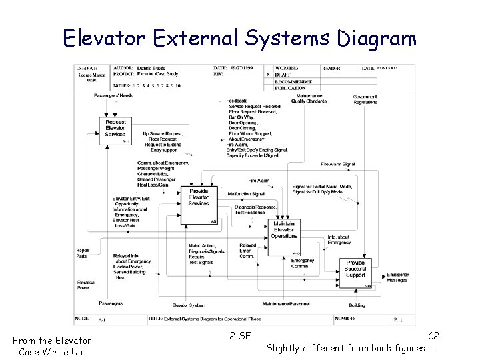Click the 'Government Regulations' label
tap(365, 99)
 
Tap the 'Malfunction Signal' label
tap(246, 194)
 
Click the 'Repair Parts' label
tap(83, 253)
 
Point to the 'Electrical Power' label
tap(86, 285)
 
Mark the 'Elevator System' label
tap(188, 305)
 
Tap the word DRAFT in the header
tap(283, 75)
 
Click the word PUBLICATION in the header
tap(291, 87)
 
